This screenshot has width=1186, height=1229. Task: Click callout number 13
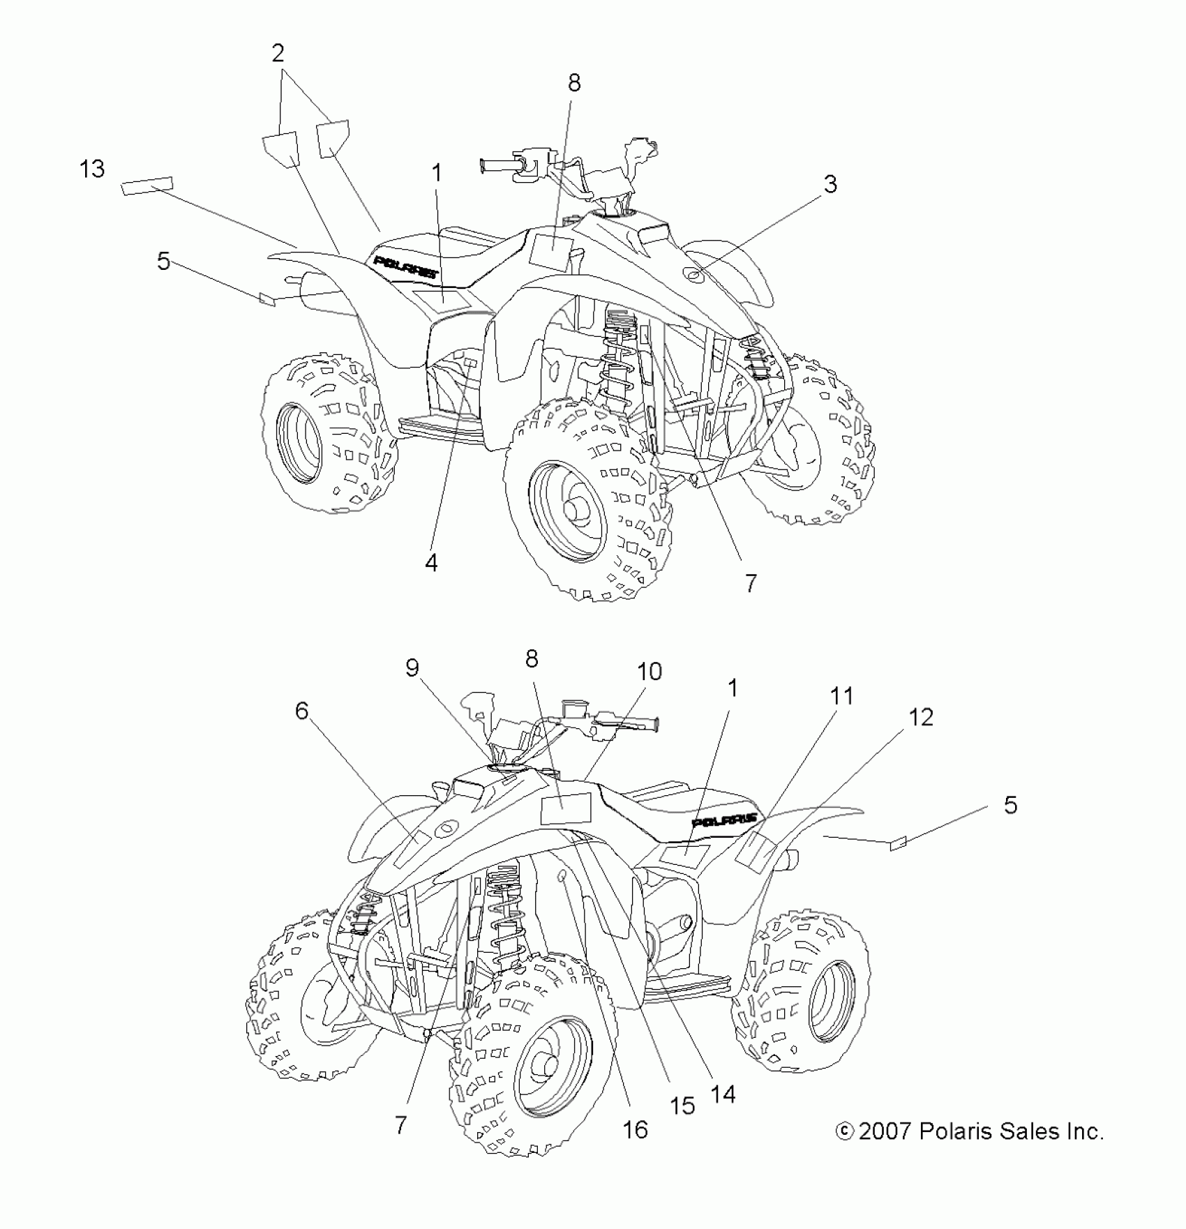(92, 169)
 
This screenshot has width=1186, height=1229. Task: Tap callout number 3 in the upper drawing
(830, 184)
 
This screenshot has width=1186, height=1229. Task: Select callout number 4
(432, 561)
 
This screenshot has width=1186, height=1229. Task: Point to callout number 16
(636, 1129)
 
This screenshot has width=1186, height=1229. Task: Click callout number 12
(921, 717)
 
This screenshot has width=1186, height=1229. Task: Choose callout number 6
(301, 711)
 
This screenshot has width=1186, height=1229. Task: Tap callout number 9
(412, 668)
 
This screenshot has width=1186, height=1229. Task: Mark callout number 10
(650, 672)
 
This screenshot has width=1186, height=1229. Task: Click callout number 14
(723, 1094)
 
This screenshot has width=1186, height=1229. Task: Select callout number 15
(682, 1106)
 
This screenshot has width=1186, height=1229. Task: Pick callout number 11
(841, 695)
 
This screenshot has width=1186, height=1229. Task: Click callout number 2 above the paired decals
(278, 53)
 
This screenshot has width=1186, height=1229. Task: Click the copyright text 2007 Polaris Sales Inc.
(970, 1131)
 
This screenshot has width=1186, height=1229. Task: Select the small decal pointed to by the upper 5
(268, 299)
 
